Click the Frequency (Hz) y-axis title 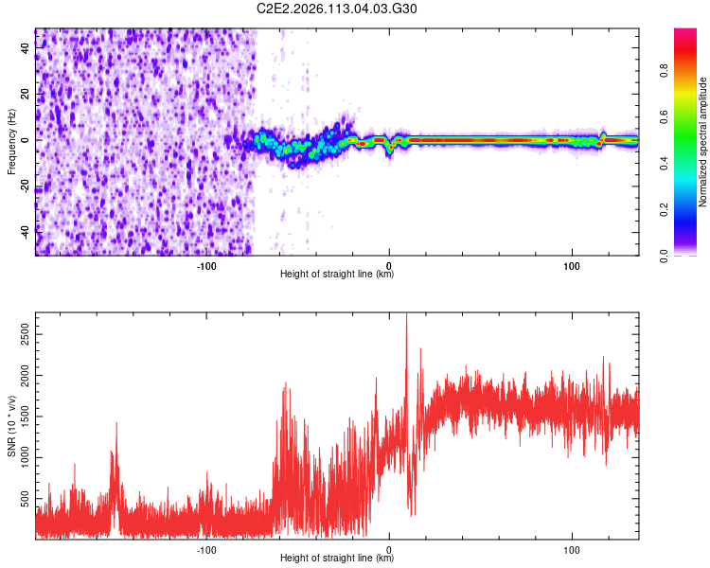pos(11,142)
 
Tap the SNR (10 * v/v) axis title pos(11,426)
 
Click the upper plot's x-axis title pos(337,275)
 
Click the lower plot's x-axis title pos(337,559)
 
